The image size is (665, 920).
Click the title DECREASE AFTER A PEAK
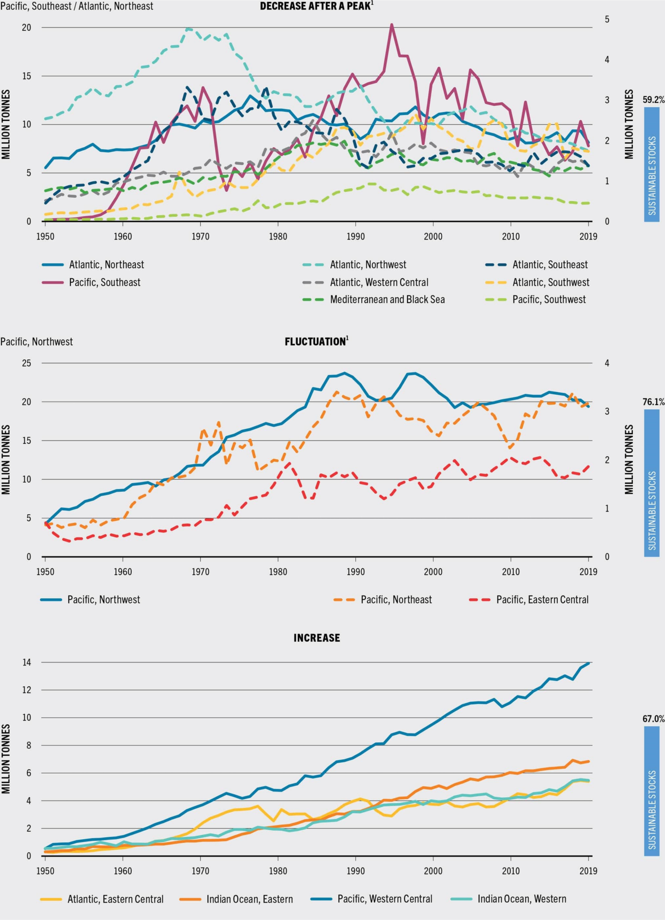pyautogui.click(x=316, y=6)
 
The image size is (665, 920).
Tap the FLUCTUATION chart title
pyautogui.click(x=316, y=342)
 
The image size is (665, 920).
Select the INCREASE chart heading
pyautogui.click(x=317, y=638)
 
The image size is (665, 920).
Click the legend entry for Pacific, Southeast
pyautogui.click(x=104, y=282)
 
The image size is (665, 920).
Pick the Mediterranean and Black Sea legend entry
pyautogui.click(x=387, y=300)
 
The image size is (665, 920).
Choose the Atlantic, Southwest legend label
pyautogui.click(x=550, y=282)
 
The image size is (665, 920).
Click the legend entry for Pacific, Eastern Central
pyautogui.click(x=542, y=600)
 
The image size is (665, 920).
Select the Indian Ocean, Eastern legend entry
pyautogui.click(x=249, y=899)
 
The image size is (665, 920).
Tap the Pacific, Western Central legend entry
pyautogui.click(x=385, y=899)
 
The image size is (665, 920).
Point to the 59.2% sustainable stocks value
pyautogui.click(x=653, y=100)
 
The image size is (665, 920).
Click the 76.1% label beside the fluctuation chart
pyautogui.click(x=653, y=402)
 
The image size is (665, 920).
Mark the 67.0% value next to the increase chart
pyautogui.click(x=653, y=719)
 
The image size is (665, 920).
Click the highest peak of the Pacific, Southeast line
pyautogui.click(x=392, y=25)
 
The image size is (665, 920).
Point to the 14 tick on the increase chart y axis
pyautogui.click(x=26, y=663)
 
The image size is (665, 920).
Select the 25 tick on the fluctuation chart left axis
pyautogui.click(x=26, y=363)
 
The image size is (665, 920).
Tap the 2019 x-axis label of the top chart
pyautogui.click(x=588, y=237)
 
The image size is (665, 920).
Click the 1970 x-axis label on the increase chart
pyautogui.click(x=200, y=871)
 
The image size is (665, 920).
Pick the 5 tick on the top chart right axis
pyautogui.click(x=607, y=19)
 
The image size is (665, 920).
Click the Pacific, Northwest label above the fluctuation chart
pyautogui.click(x=37, y=342)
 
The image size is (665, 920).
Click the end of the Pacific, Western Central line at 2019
pyautogui.click(x=589, y=663)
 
